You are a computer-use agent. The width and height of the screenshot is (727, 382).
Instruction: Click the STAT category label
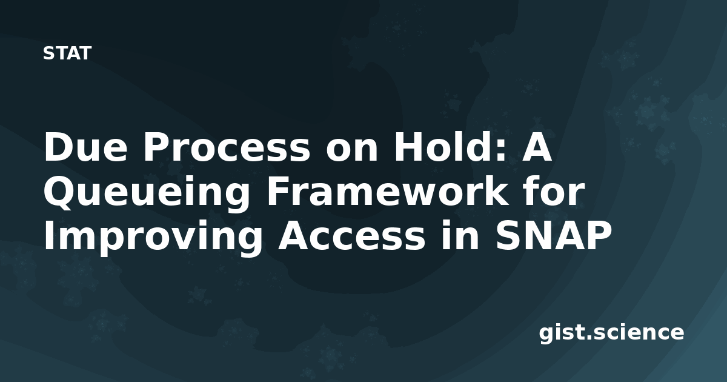pyautogui.click(x=67, y=53)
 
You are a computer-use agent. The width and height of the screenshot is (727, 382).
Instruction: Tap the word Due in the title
pyautogui.click(x=85, y=147)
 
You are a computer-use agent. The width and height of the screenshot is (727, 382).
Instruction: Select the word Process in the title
pyautogui.click(x=227, y=147)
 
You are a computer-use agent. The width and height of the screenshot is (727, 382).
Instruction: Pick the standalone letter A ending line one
pyautogui.click(x=535, y=147)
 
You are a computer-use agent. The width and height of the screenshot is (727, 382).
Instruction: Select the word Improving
pyautogui.click(x=153, y=237)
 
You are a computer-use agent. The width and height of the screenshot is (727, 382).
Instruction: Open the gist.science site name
pyautogui.click(x=611, y=333)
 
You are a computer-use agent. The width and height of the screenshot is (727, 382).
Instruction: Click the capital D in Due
pyautogui.click(x=59, y=147)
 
